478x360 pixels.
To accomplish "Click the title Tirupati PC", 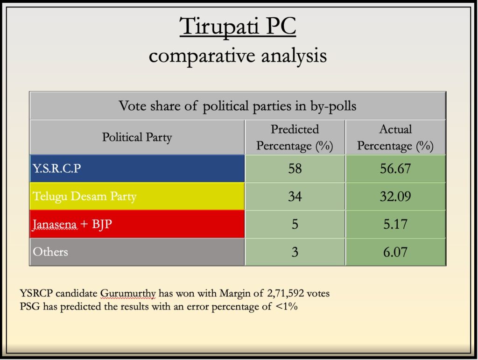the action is tap(238, 26).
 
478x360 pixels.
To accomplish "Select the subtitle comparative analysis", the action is tap(238, 56).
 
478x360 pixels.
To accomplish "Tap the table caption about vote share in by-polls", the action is tap(238, 106).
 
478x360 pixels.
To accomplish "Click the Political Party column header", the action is tap(137, 137).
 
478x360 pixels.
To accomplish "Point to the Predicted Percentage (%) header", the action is tap(295, 137).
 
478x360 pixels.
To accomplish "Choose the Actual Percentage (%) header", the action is tap(395, 137).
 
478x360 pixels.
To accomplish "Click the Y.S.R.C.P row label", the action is tap(57, 168).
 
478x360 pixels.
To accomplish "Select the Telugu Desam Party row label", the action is tap(84, 196).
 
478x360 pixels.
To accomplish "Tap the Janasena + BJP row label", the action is tap(72, 224).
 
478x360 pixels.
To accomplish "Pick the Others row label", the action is tap(50, 252).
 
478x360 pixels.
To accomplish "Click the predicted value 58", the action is tap(295, 169).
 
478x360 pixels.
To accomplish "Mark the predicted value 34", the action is tap(295, 196).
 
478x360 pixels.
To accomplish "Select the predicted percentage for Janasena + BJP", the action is tap(295, 224).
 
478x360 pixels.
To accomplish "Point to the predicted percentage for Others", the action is tap(295, 252).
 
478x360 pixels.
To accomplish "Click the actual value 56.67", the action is tap(395, 169).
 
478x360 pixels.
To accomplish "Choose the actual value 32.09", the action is tap(395, 196).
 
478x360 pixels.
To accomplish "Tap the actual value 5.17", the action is tap(395, 224).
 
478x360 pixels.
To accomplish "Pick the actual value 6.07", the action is tap(395, 252).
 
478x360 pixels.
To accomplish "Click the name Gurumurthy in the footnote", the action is tap(128, 294).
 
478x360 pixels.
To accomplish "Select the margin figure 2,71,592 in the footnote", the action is tap(286, 293).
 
